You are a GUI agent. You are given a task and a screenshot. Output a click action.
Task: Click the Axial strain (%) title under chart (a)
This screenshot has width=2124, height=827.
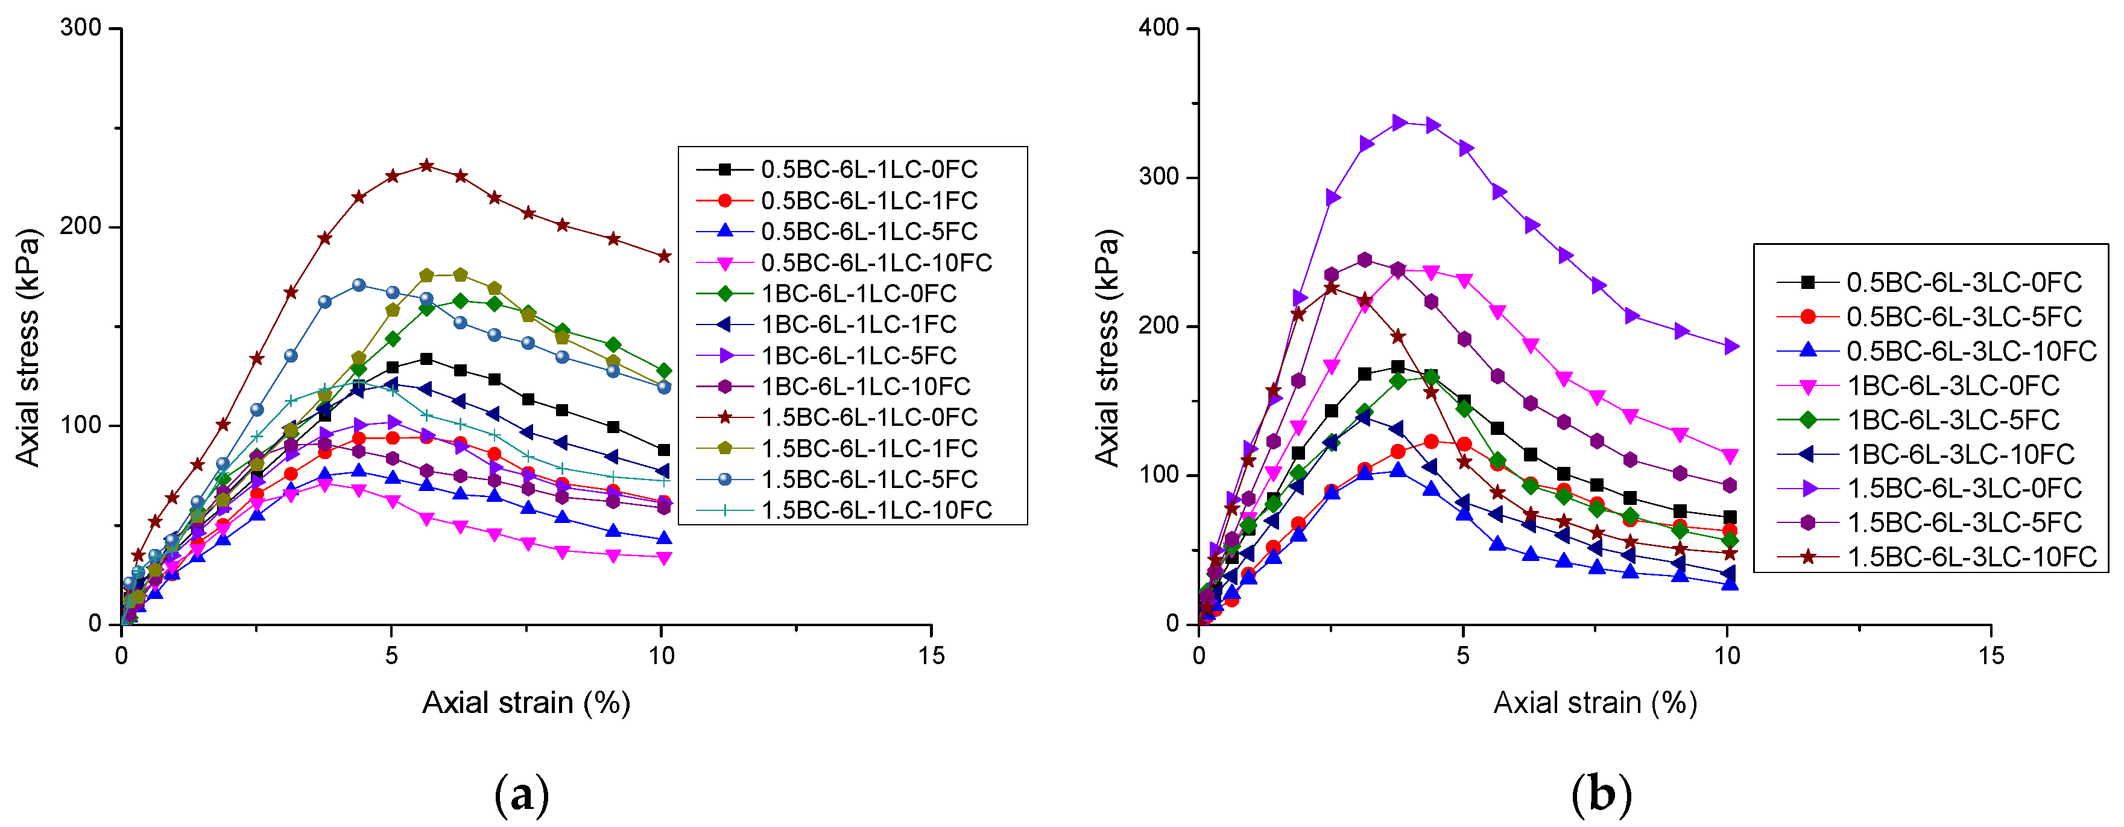pyautogui.click(x=526, y=703)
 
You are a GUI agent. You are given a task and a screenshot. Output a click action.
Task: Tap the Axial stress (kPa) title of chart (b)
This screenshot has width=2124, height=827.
pyautogui.click(x=1107, y=348)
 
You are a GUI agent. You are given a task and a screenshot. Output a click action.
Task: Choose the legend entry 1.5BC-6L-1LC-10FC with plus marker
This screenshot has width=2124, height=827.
pyautogui.click(x=876, y=510)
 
